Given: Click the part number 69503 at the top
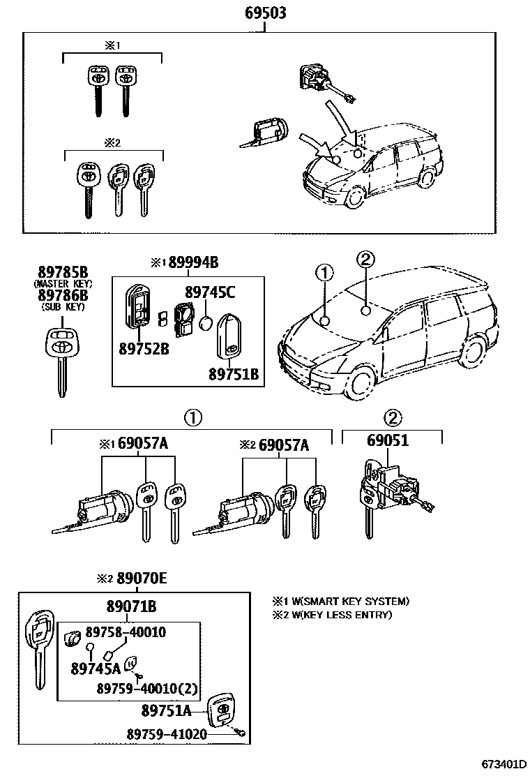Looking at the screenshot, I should click(x=265, y=13).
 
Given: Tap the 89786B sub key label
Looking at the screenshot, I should click(x=63, y=296).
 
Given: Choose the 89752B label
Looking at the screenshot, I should click(x=144, y=348).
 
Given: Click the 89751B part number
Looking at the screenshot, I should click(x=234, y=374).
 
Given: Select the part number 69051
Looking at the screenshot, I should click(x=388, y=442).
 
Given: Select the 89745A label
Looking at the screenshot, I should click(x=96, y=669).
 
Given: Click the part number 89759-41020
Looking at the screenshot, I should click(x=167, y=735).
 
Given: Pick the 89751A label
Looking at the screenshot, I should click(x=166, y=710).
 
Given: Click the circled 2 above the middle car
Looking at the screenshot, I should click(x=365, y=259).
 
